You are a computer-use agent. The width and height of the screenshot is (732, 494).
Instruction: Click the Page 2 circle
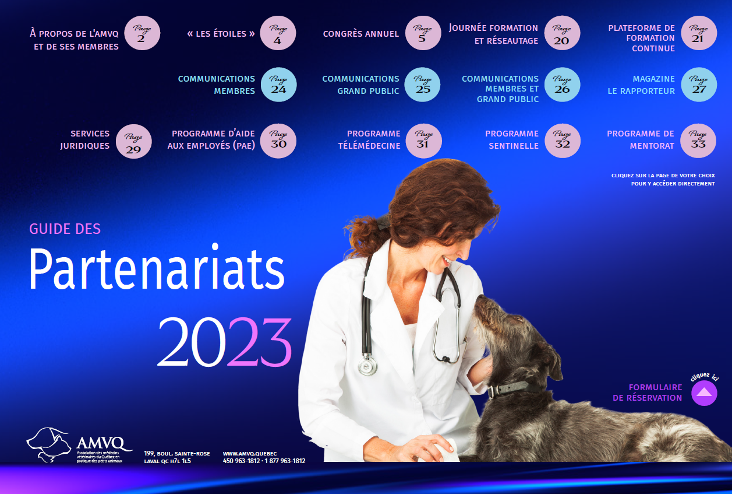[x=142, y=33]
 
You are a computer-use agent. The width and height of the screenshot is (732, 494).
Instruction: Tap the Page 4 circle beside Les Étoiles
[x=278, y=33]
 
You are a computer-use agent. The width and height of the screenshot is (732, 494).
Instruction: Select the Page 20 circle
[x=562, y=33]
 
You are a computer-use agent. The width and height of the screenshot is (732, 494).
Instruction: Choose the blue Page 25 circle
[x=422, y=85]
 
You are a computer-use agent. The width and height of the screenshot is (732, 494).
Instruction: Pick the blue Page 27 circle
[x=699, y=85]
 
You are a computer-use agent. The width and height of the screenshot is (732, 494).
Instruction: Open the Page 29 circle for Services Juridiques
[x=134, y=141]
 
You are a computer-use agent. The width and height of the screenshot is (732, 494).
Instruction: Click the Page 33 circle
[x=698, y=141]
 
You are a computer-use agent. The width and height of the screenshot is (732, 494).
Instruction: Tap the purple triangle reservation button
[x=704, y=393]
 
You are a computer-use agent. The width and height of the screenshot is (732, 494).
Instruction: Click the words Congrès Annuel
[x=361, y=34]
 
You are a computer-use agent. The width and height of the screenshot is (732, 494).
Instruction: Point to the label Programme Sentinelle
[x=512, y=139]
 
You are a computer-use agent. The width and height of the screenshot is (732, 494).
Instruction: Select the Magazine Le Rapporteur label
[x=641, y=85]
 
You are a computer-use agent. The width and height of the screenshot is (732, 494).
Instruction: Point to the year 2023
[x=225, y=342]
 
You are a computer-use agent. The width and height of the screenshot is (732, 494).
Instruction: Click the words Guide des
[x=65, y=229]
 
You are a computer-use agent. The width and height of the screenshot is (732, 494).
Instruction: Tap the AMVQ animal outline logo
[x=49, y=444]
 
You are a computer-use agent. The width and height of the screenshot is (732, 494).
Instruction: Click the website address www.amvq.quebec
[x=250, y=453]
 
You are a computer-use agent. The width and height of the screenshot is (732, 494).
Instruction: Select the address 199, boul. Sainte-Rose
[x=177, y=453]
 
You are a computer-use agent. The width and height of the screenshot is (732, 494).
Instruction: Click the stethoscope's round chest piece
[x=367, y=365]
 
